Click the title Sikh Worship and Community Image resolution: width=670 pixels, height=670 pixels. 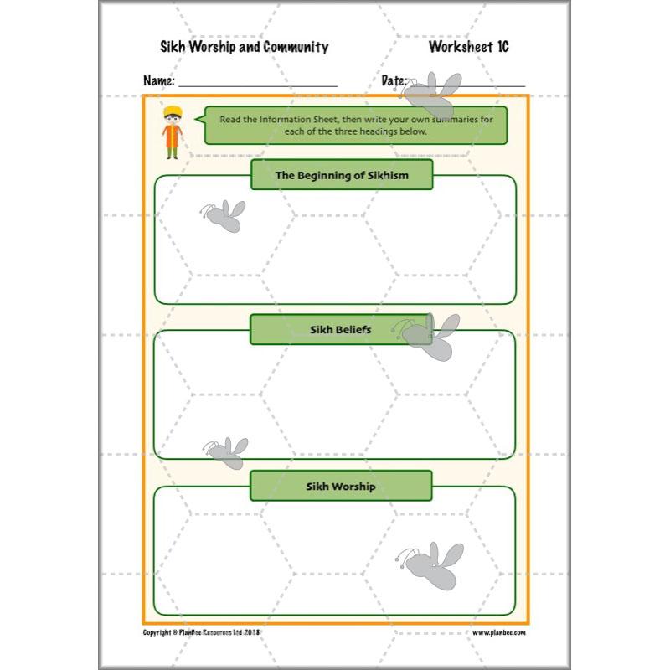pos(244,47)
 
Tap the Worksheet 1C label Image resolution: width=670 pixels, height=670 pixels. pos(468,47)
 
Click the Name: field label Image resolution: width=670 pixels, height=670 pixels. pos(159,81)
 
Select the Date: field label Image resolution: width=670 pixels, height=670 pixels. pos(394,81)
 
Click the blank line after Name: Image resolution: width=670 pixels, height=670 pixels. pos(257,85)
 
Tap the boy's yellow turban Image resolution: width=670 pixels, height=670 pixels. pos(172,111)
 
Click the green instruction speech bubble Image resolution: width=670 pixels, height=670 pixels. pos(356,125)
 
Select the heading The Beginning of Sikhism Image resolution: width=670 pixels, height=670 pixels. pos(342,175)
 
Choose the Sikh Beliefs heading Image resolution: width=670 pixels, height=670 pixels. pos(341,329)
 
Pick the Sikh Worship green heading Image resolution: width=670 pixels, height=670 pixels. pos(341,486)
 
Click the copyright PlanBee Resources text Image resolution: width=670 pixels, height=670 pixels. pos(202,632)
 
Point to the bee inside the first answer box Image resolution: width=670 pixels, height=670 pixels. pos(224,216)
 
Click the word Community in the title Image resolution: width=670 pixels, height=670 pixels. pos(296,47)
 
